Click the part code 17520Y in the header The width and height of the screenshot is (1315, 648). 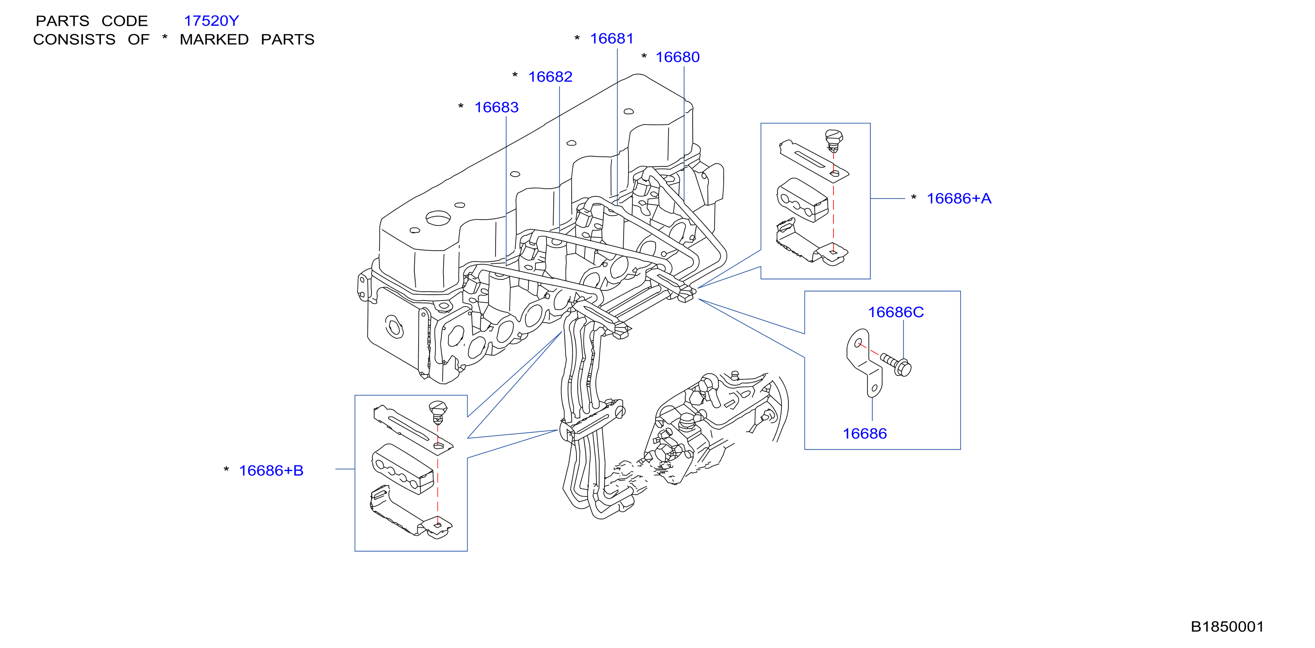212,21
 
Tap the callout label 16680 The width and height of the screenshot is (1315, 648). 677,57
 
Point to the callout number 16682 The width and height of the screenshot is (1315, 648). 550,76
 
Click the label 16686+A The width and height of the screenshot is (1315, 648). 959,199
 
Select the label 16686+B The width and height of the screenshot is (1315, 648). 271,470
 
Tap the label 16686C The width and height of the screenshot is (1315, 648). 896,312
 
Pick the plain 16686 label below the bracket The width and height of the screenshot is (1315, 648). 865,434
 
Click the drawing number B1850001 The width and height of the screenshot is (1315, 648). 1227,627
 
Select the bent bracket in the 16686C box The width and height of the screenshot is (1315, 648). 865,362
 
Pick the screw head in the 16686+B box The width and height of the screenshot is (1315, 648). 438,411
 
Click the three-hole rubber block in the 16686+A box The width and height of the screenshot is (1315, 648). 802,200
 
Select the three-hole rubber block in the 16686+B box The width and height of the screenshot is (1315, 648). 403,469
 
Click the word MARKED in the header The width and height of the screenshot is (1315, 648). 214,39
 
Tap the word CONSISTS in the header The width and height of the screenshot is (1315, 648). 75,39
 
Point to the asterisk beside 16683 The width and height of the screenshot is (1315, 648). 461,106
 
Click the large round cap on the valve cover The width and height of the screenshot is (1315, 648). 437,218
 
